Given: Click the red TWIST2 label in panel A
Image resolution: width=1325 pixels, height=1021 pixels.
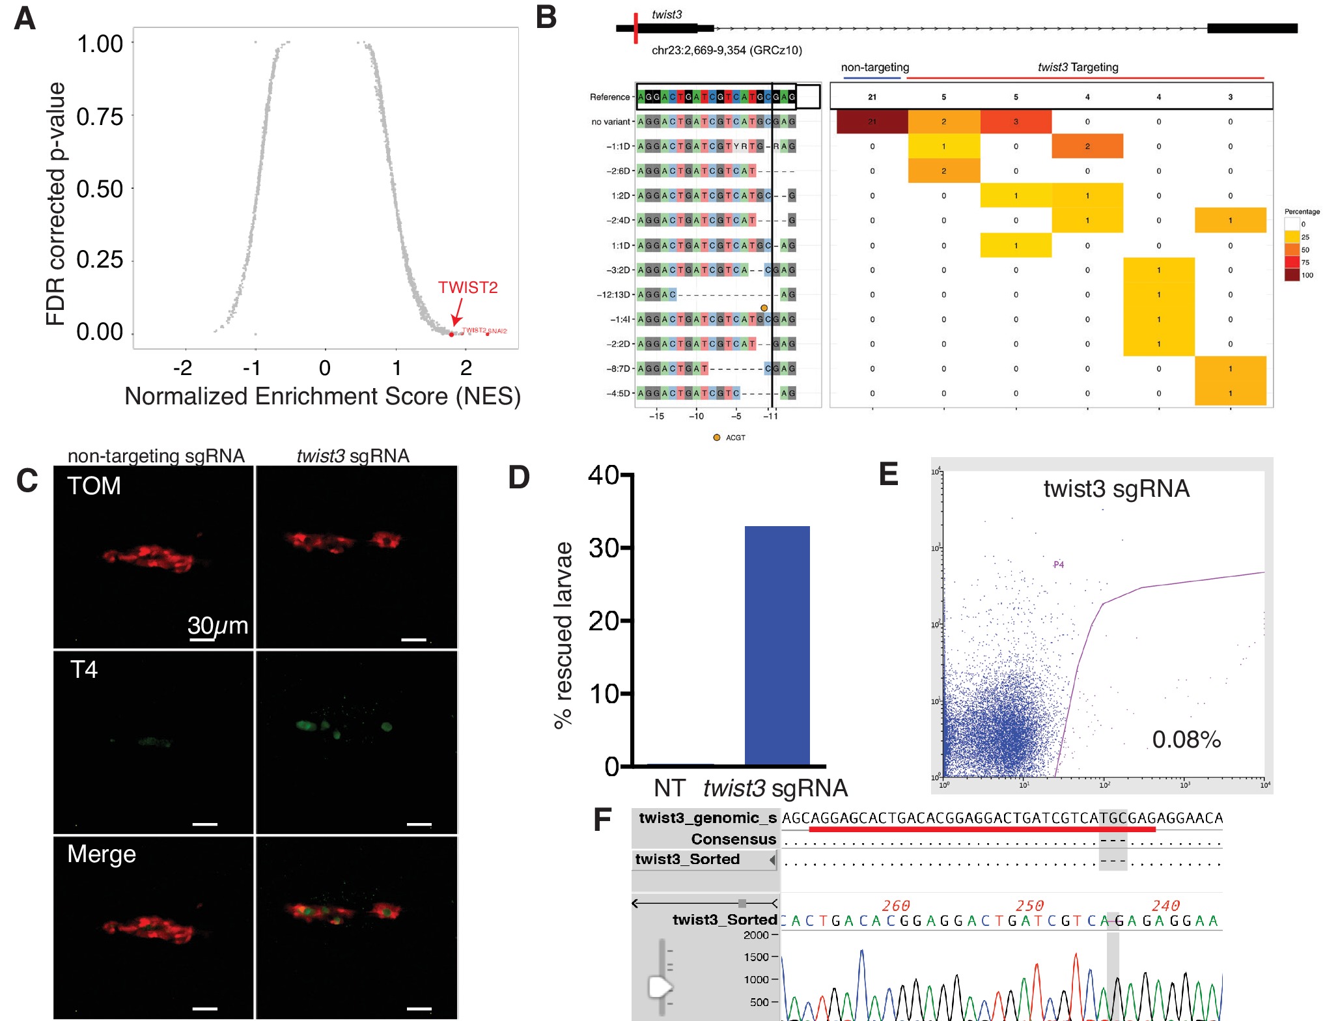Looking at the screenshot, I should click(467, 287).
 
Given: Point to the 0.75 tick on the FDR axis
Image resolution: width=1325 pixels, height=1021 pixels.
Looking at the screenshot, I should click(100, 117).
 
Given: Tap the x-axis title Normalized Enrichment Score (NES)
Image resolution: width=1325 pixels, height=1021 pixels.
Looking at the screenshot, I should click(322, 396).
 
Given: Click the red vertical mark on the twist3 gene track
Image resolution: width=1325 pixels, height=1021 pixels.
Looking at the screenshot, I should click(635, 28).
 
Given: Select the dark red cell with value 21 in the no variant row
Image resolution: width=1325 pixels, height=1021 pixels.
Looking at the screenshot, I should click(872, 122).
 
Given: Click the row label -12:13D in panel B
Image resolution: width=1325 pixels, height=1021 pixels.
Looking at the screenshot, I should click(614, 294).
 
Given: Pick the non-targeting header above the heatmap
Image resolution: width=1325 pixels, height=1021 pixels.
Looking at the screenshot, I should click(874, 67).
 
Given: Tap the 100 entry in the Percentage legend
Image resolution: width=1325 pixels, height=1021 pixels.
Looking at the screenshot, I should click(1307, 275).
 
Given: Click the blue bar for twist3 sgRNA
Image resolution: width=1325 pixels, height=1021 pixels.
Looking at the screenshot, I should click(777, 645).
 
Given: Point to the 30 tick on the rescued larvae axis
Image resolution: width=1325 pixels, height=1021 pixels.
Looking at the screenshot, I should click(604, 548).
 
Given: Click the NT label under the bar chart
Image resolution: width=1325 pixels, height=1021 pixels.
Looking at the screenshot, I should click(669, 788).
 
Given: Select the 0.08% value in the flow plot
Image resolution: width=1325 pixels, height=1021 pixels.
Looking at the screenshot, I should click(1186, 740).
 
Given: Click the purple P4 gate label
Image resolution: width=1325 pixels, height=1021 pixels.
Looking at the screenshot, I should click(1059, 565).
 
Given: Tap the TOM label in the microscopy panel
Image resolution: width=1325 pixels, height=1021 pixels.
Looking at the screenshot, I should click(94, 486).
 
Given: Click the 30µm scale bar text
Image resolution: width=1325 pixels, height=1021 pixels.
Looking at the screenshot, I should click(217, 626).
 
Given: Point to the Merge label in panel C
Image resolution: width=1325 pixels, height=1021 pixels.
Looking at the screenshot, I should click(102, 854).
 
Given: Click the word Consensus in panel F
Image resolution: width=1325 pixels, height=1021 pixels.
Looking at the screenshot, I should click(733, 839).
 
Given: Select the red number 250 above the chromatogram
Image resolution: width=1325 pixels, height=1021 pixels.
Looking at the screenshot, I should click(1029, 906).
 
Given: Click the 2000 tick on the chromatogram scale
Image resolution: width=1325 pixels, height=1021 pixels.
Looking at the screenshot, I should click(757, 935).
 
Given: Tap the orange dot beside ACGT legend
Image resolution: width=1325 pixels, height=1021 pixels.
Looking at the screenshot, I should click(716, 438).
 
